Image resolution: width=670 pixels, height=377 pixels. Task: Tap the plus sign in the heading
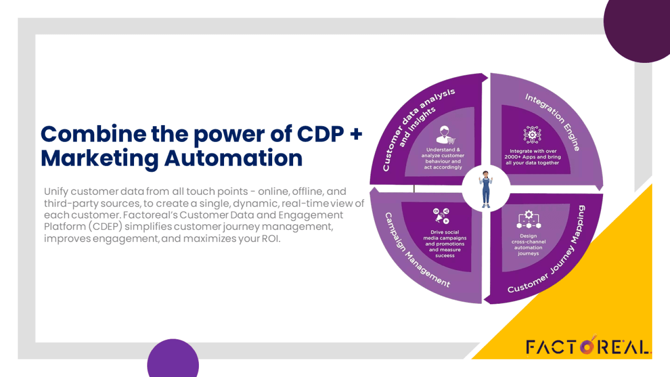(x=356, y=134)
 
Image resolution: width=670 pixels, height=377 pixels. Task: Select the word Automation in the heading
(x=233, y=158)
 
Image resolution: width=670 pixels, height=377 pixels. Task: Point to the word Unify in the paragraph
(x=56, y=191)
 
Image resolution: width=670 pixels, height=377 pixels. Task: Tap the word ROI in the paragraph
(x=270, y=239)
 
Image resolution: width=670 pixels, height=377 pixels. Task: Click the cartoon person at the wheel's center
(x=486, y=189)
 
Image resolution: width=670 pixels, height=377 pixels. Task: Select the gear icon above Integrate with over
(x=532, y=135)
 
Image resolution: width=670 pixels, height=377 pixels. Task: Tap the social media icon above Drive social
(x=441, y=216)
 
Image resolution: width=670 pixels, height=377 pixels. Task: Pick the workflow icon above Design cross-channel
(x=528, y=219)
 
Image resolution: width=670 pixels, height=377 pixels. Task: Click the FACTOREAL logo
(x=588, y=346)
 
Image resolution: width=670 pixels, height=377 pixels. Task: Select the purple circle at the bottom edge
(x=173, y=359)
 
